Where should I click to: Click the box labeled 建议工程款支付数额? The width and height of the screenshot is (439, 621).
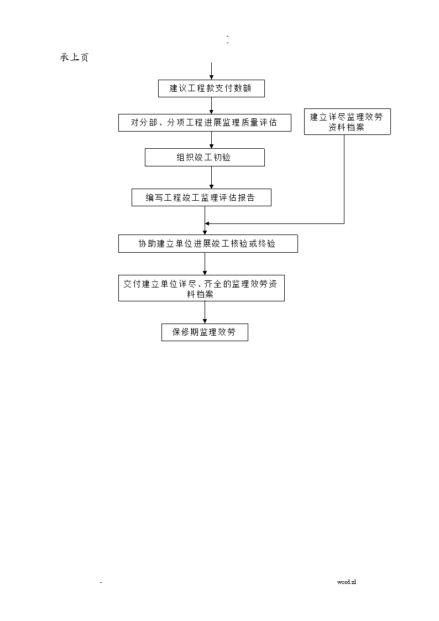[211, 88]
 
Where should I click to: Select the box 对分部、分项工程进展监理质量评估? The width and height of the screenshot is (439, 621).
[205, 123]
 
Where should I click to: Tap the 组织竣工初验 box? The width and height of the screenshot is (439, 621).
[205, 157]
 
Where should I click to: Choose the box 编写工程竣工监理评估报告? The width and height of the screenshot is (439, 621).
[201, 197]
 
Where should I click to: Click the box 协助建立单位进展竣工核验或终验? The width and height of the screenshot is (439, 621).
[208, 243]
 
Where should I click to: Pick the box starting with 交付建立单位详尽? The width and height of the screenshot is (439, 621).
[201, 288]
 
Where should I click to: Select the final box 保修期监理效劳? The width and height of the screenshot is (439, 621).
[205, 332]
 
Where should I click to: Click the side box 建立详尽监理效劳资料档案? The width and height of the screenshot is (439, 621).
[347, 122]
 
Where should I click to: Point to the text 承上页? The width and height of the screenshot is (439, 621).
[74, 58]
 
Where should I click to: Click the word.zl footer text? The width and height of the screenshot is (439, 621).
[346, 582]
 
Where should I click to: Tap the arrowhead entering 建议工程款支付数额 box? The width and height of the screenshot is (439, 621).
[211, 77]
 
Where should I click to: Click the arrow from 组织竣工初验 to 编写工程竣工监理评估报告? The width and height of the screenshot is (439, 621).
[211, 178]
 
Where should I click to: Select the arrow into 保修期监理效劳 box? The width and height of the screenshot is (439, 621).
[205, 312]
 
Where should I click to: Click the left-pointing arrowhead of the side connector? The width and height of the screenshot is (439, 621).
[207, 224]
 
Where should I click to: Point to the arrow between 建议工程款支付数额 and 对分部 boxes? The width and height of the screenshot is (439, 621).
[211, 106]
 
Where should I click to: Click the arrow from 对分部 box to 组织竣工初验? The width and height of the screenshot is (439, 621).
[211, 140]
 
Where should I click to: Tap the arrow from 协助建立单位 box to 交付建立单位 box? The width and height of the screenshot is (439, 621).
[205, 264]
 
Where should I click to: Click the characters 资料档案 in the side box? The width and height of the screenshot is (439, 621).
[346, 127]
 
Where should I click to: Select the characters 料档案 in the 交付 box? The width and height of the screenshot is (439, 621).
[200, 294]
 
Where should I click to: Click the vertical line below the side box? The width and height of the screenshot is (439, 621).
[344, 179]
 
